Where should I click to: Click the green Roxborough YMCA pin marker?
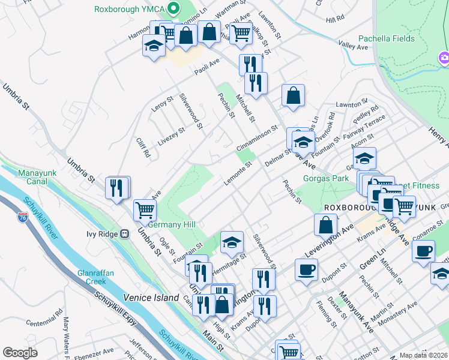pos(174,8)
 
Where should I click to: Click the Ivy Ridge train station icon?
pos(125,234)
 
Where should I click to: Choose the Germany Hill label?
pos(172,224)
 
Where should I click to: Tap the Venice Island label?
pos(151,298)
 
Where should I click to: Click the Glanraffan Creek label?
pos(95,277)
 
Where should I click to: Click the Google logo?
pos(20,353)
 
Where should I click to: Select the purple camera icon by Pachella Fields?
pos(445,58)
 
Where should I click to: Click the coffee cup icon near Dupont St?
pos(306,269)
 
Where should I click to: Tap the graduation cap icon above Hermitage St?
pos(232,242)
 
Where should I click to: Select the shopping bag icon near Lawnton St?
pos(294,96)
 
